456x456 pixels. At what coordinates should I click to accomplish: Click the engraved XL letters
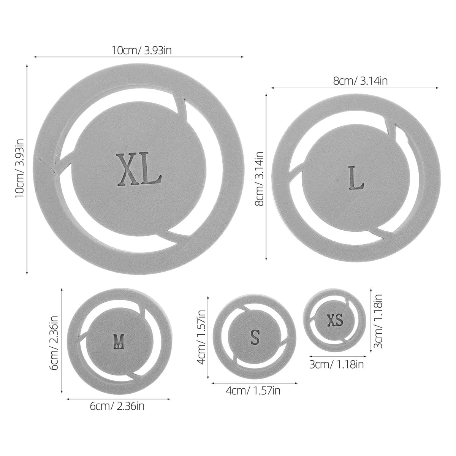pyautogui.click(x=139, y=169)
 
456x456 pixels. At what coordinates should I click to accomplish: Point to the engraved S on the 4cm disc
pyautogui.click(x=255, y=337)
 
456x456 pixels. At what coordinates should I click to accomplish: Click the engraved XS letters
pyautogui.click(x=335, y=320)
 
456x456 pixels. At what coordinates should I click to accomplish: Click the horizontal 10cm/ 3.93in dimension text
pyautogui.click(x=141, y=51)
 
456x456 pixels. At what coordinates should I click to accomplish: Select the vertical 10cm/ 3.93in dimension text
pyautogui.click(x=20, y=168)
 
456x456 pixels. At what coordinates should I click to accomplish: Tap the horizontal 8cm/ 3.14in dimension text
pyautogui.click(x=360, y=81)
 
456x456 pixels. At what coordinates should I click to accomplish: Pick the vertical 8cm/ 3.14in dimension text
pyautogui.click(x=260, y=179)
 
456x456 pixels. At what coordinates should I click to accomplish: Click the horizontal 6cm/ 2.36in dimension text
pyautogui.click(x=117, y=406)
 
